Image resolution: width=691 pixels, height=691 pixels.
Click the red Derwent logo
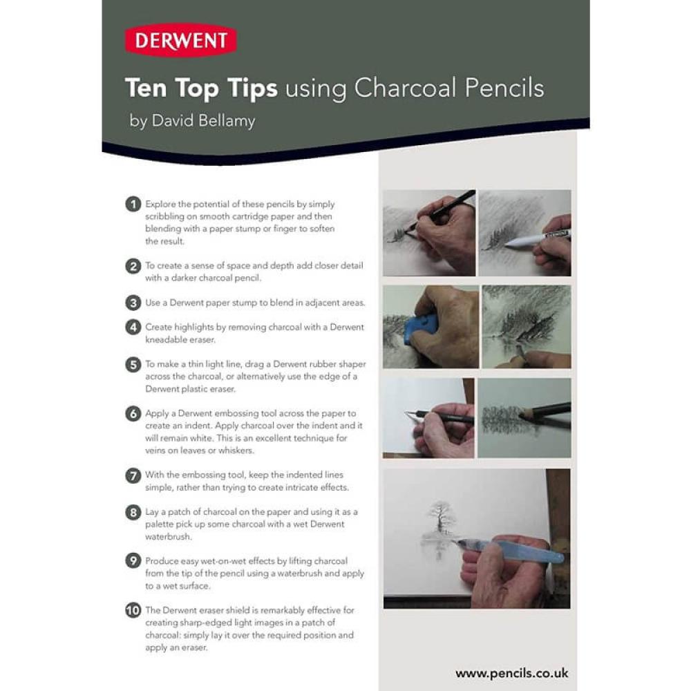coord(180,41)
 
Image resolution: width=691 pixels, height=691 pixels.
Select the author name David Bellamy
coord(204,120)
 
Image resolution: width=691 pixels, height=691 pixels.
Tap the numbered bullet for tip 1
coord(133,204)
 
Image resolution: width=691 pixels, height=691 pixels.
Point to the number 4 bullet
coord(133,327)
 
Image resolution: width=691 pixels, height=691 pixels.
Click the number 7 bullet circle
coord(133,475)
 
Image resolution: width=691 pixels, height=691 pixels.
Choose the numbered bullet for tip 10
coord(133,610)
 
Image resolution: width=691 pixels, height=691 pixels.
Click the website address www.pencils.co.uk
coord(511,673)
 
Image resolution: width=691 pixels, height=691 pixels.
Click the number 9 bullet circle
coord(133,561)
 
